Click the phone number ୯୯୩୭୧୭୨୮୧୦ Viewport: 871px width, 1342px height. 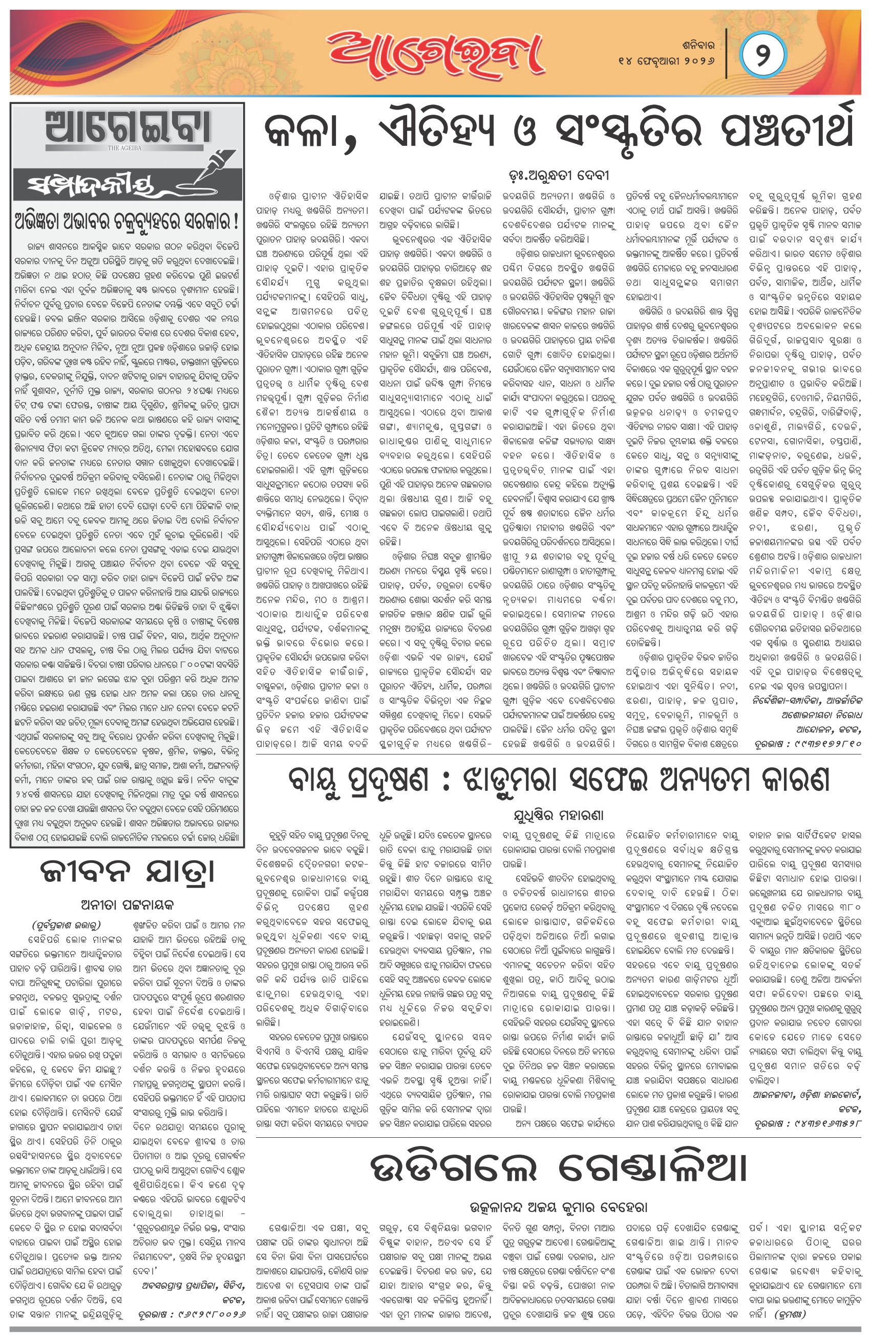(826, 744)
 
